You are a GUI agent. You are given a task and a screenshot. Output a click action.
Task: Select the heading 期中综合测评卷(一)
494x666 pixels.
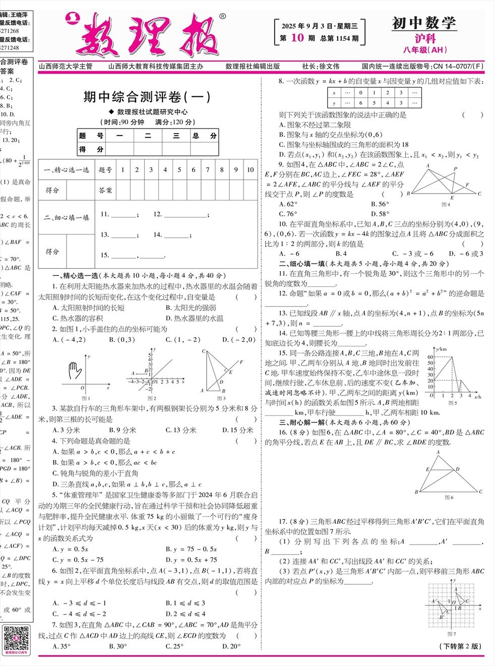(147, 97)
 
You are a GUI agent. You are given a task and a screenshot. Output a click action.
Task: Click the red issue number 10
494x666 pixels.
(297, 38)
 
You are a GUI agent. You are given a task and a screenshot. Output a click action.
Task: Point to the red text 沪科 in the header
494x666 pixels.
(425, 38)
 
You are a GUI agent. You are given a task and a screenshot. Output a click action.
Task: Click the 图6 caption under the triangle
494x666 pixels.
(449, 498)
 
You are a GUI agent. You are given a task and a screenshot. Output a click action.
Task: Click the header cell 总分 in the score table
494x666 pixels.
(204, 136)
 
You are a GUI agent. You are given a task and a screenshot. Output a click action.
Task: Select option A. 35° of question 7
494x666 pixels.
(62, 646)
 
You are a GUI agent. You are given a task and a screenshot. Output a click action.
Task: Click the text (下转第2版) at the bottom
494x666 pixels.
(461, 646)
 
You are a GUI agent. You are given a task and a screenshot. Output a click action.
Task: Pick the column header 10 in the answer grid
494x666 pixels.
(250, 170)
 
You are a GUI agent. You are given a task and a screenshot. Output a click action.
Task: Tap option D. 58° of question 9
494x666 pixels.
(380, 214)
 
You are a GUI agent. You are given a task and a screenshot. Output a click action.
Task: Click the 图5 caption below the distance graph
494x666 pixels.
(452, 403)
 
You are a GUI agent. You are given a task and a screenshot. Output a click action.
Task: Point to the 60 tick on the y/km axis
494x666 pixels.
(430, 357)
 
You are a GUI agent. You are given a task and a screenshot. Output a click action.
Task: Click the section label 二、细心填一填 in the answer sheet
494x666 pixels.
(67, 218)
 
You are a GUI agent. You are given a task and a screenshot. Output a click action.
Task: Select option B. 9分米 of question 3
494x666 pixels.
(122, 430)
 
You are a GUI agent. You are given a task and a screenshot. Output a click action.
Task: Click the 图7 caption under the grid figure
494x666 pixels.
(452, 634)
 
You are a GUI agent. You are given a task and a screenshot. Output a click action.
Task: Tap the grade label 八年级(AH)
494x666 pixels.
(425, 49)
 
